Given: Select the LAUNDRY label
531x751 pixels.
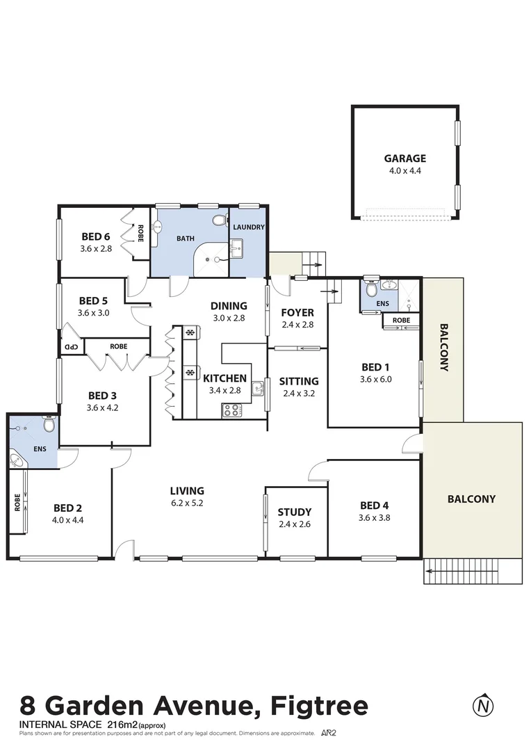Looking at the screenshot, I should coord(248,227).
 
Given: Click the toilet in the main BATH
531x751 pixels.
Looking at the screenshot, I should coord(220,221).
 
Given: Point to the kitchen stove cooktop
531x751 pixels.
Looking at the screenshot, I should coord(231,410).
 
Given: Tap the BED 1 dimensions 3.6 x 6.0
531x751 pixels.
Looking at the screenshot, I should coord(376,379).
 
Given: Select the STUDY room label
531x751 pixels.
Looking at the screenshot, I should coord(294,512).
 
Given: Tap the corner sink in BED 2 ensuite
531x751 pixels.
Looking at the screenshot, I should coord(18,459).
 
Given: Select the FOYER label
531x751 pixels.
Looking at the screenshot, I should coord(297,313).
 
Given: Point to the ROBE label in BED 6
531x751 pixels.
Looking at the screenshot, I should coord(140,231).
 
